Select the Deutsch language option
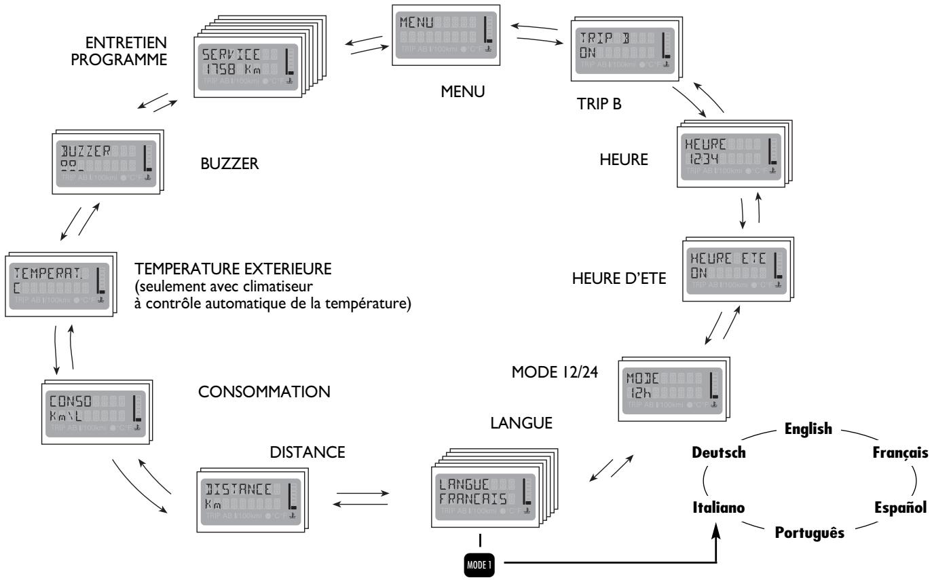(x=718, y=453)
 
